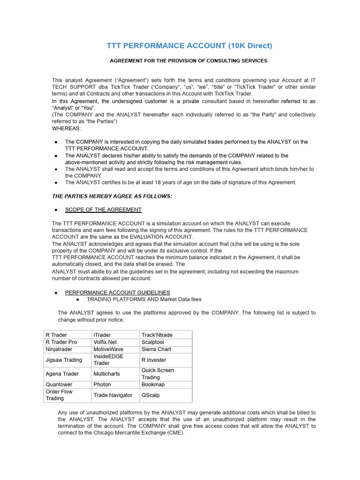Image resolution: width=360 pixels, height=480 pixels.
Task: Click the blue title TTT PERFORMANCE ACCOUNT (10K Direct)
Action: click(189, 45)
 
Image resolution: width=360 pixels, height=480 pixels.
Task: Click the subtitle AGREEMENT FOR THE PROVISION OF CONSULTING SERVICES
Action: click(188, 61)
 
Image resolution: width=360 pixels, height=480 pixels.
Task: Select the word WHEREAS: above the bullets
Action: click(66, 128)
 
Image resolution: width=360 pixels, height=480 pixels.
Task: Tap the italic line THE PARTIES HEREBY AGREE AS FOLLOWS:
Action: click(112, 196)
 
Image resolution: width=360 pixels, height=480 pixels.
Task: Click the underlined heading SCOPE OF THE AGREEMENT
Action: click(103, 210)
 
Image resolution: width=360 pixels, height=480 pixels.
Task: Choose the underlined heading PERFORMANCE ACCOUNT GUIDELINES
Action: click(117, 292)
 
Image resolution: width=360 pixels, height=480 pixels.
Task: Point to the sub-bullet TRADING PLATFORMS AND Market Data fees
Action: click(144, 299)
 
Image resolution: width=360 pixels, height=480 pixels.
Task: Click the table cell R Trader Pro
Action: click(61, 342)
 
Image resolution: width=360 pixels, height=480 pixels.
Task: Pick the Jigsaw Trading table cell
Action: click(63, 360)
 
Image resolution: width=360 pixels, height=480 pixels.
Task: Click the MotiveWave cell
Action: click(109, 349)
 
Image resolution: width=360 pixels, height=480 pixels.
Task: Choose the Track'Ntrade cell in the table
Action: click(157, 335)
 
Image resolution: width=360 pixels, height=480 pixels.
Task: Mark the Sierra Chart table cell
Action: click(156, 349)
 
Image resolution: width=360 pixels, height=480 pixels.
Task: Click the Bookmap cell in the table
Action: click(153, 384)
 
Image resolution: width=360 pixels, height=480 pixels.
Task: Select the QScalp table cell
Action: click(150, 395)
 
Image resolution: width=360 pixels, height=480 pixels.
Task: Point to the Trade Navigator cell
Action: click(113, 395)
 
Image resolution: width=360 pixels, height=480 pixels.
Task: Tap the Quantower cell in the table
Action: click(59, 384)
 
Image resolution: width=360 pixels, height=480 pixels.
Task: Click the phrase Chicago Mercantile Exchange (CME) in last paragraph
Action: click(136, 433)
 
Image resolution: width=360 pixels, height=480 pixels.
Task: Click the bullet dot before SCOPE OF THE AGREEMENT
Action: click(56, 210)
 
